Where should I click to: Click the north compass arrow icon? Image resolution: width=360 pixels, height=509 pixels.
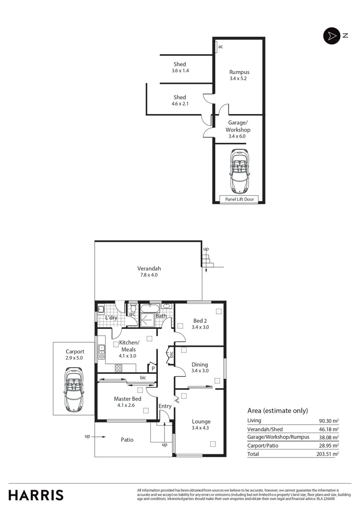coord(331,36)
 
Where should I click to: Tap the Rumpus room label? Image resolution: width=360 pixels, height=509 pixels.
coord(238,72)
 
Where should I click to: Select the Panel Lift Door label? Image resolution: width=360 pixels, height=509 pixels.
coord(239,199)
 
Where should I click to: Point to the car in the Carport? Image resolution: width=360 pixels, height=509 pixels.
coord(74,389)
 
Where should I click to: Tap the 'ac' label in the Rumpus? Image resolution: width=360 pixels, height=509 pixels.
coord(221,46)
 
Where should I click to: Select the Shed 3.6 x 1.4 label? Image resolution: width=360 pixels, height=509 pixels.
coord(180,64)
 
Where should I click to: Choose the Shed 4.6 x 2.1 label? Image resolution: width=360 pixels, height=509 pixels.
coord(180,98)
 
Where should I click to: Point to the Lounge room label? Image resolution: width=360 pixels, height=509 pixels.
coord(201,421)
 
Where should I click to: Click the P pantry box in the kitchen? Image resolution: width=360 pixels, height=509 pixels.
coord(153,369)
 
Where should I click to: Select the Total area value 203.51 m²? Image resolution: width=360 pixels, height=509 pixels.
coord(329,454)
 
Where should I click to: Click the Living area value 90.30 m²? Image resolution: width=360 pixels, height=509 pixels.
coord(329,421)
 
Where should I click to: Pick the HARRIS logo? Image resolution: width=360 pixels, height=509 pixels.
coord(36,495)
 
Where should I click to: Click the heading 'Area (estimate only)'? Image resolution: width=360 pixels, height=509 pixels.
coord(278,410)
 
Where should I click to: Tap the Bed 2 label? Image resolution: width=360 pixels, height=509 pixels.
coord(200,320)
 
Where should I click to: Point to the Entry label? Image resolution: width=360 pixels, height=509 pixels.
coord(165,406)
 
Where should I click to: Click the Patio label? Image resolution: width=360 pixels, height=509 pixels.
coord(127,440)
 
